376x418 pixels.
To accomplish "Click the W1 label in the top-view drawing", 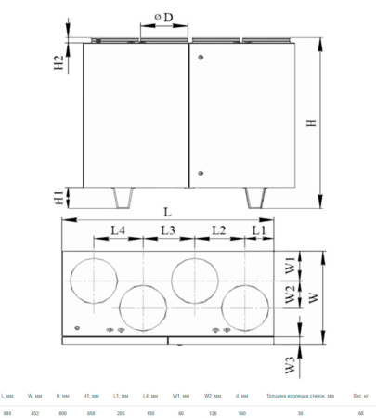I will pyautogui.click(x=290, y=266).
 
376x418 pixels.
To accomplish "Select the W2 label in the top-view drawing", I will pyautogui.click(x=290, y=297).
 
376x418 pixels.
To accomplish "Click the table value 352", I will pyautogui.click(x=33, y=411).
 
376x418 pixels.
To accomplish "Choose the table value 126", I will pyautogui.click(x=211, y=411).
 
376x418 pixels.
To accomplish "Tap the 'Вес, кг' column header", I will pyautogui.click(x=359, y=396).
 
